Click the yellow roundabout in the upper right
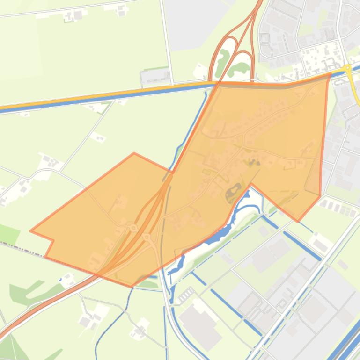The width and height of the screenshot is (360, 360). [x=347, y=68]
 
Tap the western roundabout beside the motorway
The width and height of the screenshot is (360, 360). [x=133, y=228]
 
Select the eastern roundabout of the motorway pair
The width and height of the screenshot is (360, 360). [x=147, y=237]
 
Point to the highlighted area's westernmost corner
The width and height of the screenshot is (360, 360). [x=31, y=230]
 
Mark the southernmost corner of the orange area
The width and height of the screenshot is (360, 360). [x=131, y=286]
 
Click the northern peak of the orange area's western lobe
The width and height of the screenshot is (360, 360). [x=134, y=153]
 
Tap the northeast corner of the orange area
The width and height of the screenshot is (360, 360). [x=330, y=73]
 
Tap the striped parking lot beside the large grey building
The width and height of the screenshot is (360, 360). [x=186, y=295]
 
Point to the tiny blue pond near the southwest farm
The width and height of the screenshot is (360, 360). [x=61, y=280]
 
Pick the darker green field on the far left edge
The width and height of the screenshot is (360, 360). [x=8, y=234]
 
